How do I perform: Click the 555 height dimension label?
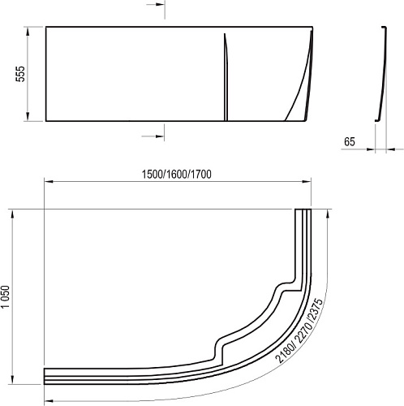click(20, 74)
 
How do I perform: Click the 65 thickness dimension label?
click(349, 141)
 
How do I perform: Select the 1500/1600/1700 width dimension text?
click(177, 175)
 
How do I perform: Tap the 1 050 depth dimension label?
click(5, 296)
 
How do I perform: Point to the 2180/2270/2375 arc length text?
click(299, 330)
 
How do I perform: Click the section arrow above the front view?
click(156, 5)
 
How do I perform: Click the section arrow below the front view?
click(153, 136)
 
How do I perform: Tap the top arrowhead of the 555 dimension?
click(28, 31)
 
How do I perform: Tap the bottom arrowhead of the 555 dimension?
click(28, 117)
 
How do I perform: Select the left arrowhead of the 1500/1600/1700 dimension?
click(48, 182)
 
